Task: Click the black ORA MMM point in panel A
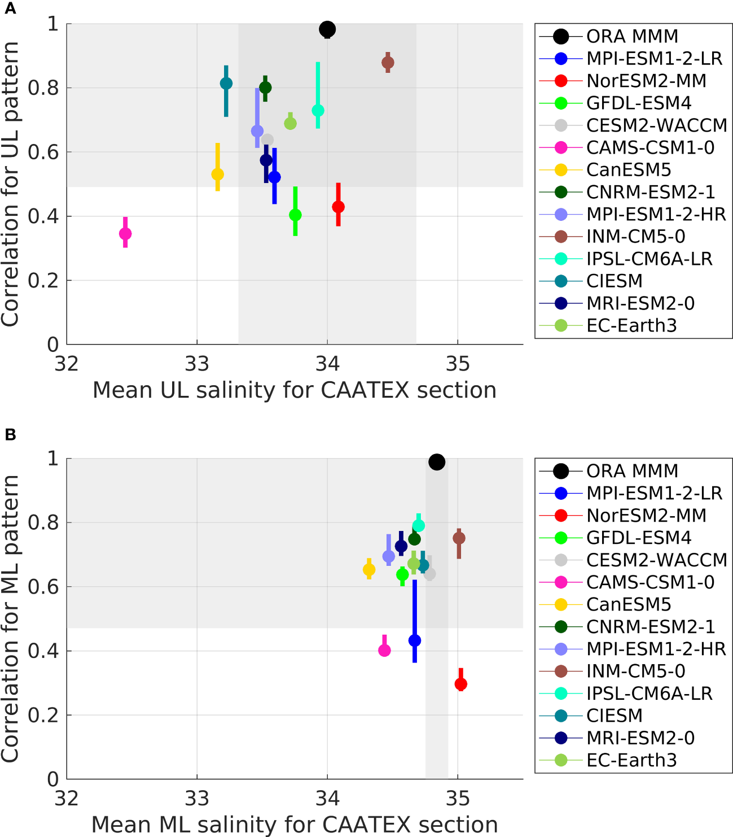[327, 29]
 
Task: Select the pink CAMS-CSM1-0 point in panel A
[125, 234]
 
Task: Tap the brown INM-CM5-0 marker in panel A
[388, 63]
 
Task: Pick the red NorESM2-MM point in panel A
[338, 207]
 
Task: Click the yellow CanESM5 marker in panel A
[217, 175]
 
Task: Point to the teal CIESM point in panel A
[226, 84]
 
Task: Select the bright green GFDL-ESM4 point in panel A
[295, 215]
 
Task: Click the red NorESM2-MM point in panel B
[460, 684]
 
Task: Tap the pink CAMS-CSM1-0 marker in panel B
[384, 650]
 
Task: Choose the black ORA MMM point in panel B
[437, 462]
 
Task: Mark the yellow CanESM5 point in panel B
[369, 570]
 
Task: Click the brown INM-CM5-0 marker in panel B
[459, 538]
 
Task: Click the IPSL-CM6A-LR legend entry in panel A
[649, 259]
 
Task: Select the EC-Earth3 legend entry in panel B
[631, 760]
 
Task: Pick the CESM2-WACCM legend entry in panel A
[656, 125]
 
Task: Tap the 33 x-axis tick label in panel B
[197, 799]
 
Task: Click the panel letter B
[10, 435]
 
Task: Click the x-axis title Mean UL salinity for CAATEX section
[295, 390]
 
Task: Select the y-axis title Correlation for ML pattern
[10, 618]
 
